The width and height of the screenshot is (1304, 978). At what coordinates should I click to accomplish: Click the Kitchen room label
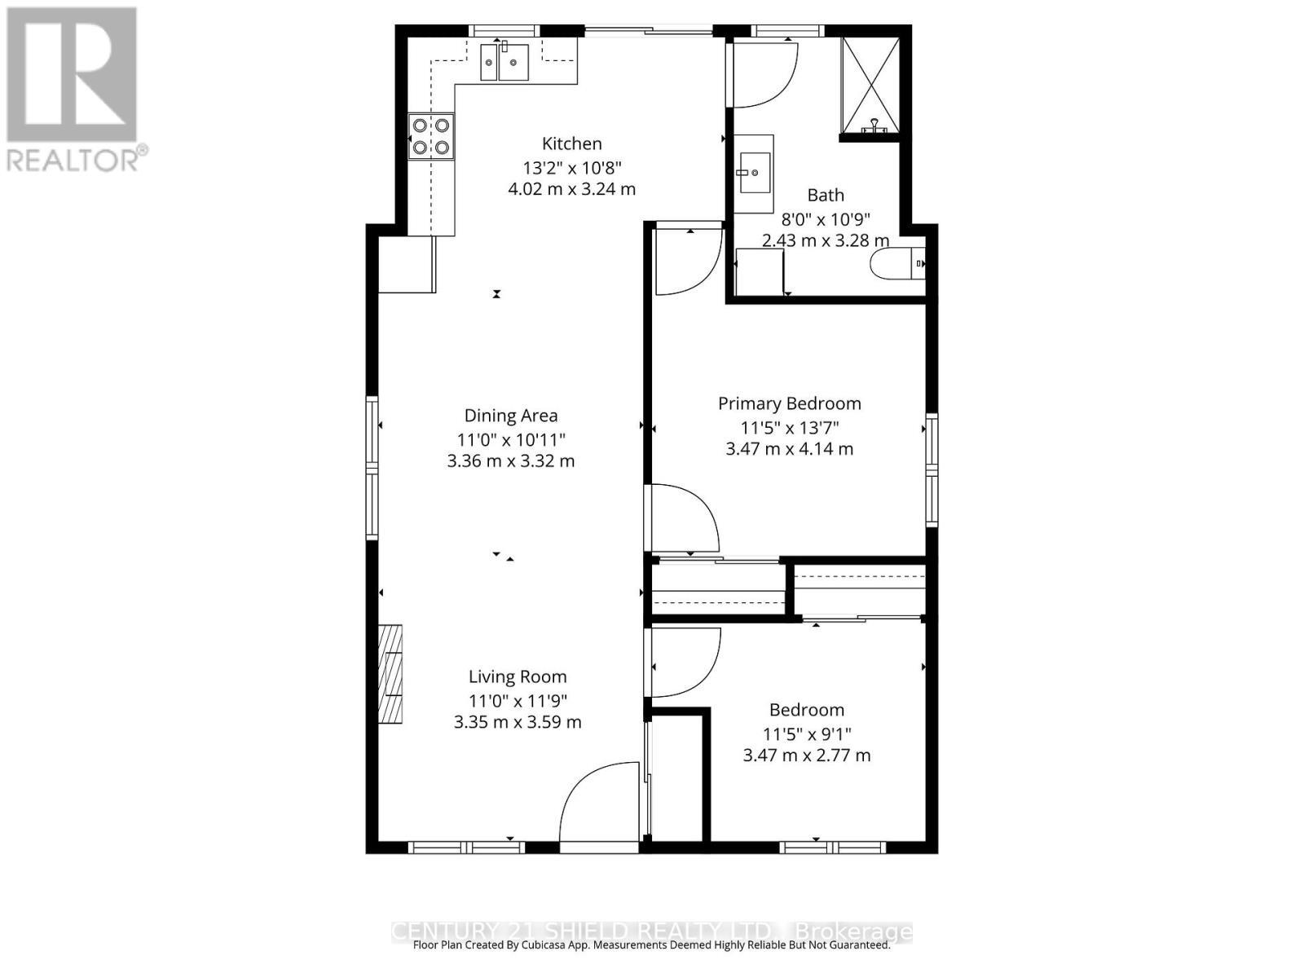(571, 143)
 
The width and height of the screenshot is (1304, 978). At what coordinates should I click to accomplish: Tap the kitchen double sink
(504, 62)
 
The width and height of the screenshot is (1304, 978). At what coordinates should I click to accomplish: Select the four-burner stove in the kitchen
(431, 136)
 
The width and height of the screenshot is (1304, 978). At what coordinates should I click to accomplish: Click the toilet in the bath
(897, 263)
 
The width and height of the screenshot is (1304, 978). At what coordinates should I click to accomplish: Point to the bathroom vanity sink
(753, 173)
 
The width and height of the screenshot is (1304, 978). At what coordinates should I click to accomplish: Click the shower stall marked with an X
(870, 85)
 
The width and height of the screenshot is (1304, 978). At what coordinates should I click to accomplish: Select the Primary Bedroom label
(789, 403)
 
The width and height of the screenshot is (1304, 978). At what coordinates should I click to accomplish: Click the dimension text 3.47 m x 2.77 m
(806, 756)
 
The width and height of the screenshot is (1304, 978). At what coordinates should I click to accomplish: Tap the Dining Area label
(511, 416)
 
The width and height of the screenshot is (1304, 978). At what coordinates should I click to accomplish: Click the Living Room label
(517, 676)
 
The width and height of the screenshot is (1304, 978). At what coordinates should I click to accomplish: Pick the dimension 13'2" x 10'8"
(571, 168)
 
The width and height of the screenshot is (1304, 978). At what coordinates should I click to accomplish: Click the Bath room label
(825, 196)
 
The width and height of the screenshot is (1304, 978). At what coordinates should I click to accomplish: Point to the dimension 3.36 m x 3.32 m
(511, 461)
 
